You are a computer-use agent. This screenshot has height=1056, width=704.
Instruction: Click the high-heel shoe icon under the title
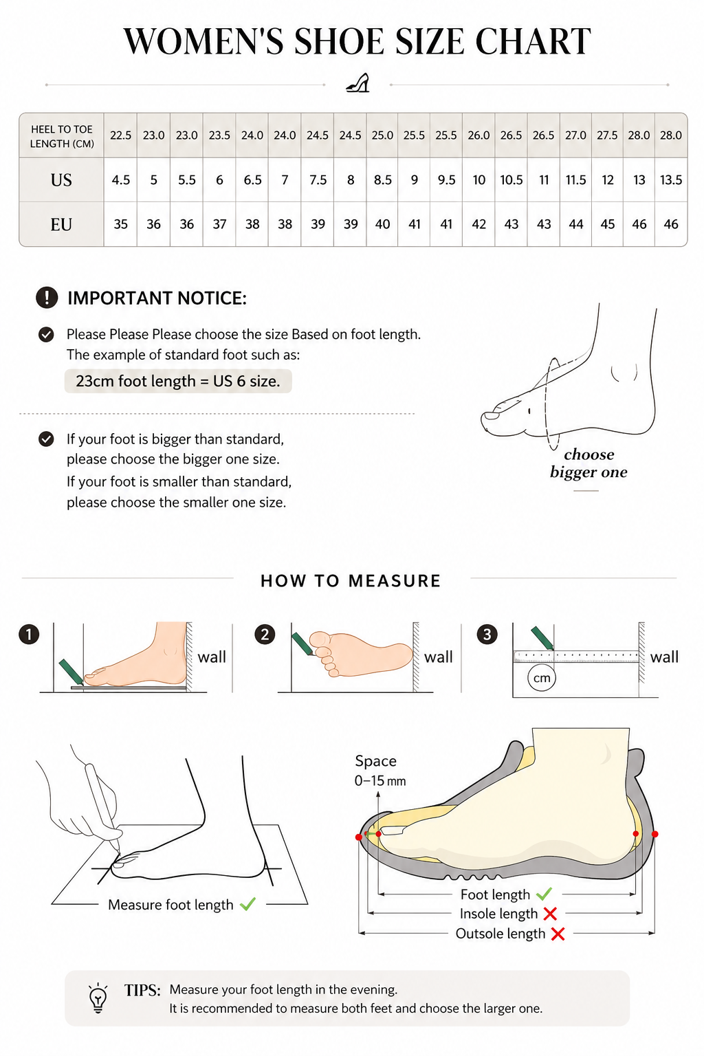pos(358,83)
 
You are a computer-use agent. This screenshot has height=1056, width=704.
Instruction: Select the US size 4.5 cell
pos(121,180)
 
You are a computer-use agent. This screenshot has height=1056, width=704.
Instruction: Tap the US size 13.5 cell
pos(671,180)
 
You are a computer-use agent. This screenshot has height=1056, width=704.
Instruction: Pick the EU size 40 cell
pos(382,224)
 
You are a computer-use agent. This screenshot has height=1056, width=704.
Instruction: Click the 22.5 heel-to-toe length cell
pos(121,135)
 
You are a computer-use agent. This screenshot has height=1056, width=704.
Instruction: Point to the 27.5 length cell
pos(607,135)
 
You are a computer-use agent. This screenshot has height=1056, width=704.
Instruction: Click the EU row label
pos(61,224)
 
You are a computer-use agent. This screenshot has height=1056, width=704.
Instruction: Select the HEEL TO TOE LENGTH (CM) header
pos(62,136)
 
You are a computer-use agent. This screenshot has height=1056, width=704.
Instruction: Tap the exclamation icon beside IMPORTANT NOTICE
pos(47,298)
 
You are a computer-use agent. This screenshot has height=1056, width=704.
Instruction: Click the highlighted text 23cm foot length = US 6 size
pos(178,381)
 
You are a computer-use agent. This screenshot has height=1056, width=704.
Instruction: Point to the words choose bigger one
pos(588,463)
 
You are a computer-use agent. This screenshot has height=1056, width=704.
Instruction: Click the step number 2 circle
pos(265,634)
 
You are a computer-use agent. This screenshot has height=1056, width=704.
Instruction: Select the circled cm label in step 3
pos(542,678)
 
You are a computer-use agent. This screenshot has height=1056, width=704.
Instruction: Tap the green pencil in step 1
pos(71,672)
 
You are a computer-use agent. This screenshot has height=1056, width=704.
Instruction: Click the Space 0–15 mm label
pos(380,771)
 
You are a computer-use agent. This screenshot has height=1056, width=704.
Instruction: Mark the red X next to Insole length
pos(550,914)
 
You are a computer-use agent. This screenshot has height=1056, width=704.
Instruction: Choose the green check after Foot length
pos(544,893)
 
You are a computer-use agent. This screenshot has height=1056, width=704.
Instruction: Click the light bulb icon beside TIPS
pos(98,998)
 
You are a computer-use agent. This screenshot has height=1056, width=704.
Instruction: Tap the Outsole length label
pos(500,934)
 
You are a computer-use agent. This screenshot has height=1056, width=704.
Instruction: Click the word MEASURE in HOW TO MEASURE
pos(395,581)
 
